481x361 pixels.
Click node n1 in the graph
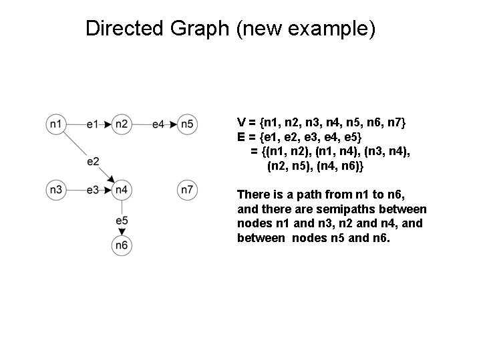[56, 124]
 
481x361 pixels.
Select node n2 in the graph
[121, 124]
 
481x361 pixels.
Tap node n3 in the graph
[56, 191]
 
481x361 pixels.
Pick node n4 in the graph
[121, 191]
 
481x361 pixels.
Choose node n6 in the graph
[121, 245]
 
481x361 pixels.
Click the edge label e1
[93, 124]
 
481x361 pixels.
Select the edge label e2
[93, 161]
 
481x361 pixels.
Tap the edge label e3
[93, 191]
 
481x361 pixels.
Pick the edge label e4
[158, 124]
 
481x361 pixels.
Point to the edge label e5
[122, 220]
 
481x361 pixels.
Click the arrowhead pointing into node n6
[121, 231]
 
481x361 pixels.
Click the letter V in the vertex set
[241, 123]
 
